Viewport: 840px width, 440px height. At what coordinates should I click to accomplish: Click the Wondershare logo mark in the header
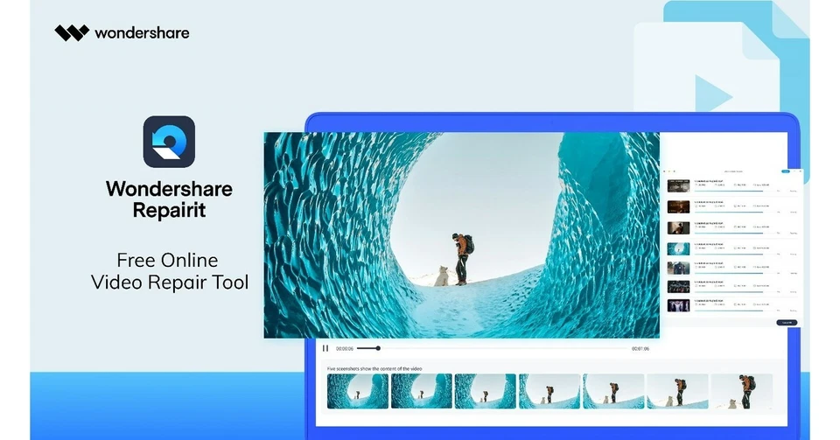pos(72,33)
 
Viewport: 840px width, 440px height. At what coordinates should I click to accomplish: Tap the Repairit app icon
pos(169,142)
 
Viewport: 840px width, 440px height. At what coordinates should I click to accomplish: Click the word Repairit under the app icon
pos(169,210)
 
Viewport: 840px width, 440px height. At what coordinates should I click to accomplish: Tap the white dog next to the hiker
pos(441,276)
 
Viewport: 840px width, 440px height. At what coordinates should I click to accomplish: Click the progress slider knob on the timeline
pos(378,348)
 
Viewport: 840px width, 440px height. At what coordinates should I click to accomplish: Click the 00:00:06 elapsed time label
pos(345,348)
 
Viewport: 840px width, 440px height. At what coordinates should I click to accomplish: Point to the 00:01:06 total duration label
pos(640,348)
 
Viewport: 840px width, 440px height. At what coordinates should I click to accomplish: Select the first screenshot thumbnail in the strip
pos(357,392)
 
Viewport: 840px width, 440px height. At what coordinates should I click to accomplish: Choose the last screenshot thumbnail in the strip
pos(741,392)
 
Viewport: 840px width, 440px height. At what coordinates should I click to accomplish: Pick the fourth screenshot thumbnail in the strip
pos(549,392)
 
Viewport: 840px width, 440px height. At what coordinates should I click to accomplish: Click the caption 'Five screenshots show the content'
pos(374,369)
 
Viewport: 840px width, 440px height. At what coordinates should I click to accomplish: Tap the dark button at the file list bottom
pos(786,323)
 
